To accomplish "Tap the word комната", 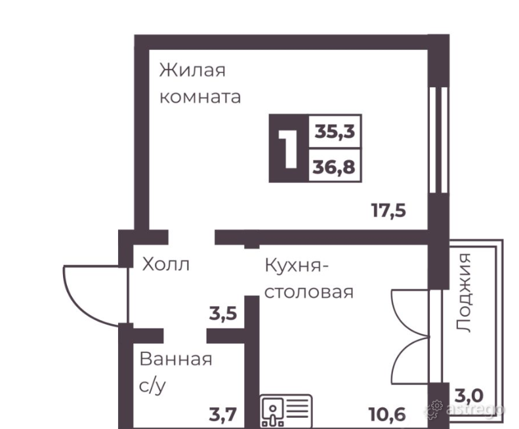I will [200, 98].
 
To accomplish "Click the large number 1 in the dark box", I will [287, 149].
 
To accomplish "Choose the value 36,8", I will [334, 167].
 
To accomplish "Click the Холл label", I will [166, 265].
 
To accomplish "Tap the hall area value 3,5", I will [223, 313].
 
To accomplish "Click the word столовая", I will [308, 291].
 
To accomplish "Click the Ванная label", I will [175, 359].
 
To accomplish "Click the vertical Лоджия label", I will [465, 293].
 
